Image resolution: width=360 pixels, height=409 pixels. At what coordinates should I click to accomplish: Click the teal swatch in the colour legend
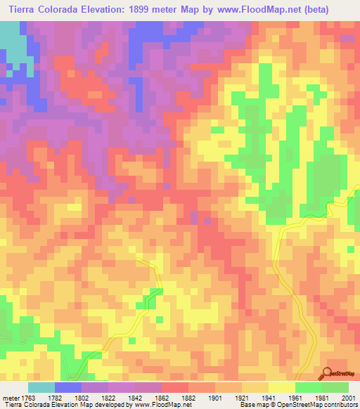41,387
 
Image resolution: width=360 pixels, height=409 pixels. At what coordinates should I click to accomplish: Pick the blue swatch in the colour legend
68,387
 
